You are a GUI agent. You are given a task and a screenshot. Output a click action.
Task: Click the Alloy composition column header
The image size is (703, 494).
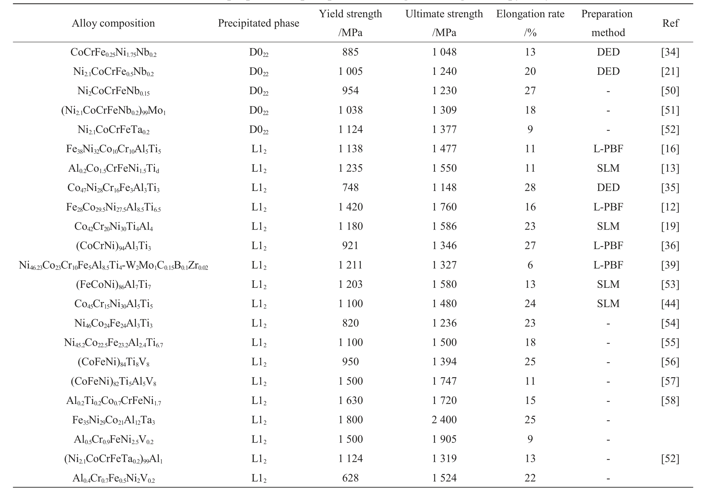[113, 23]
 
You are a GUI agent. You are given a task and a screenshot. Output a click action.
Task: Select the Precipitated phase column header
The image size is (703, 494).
[259, 23]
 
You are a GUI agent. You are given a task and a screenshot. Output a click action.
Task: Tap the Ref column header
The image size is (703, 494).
[670, 23]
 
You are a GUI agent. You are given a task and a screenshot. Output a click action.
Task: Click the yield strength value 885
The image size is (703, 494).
[350, 52]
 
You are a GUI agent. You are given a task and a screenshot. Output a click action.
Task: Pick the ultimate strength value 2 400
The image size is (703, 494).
[444, 420]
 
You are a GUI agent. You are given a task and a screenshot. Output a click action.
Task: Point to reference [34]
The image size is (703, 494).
[670, 52]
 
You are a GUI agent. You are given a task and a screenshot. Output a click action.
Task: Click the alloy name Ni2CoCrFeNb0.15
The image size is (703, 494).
[113, 91]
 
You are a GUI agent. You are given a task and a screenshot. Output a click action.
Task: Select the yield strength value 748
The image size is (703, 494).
[350, 187]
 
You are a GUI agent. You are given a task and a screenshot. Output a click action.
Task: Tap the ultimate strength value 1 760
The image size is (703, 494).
[444, 207]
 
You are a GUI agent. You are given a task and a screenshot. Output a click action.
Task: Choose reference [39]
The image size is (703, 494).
[670, 265]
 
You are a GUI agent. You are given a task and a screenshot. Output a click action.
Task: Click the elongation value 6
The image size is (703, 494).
[530, 265]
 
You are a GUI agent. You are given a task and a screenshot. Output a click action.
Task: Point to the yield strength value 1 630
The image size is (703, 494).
[350, 400]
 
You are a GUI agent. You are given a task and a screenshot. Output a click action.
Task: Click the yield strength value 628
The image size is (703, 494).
[350, 478]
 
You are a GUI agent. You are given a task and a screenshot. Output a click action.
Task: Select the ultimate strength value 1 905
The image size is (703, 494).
[444, 439]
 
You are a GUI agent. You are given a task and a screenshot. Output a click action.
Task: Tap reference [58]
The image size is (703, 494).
[670, 400]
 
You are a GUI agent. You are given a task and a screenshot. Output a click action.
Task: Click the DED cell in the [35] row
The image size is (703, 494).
[608, 187]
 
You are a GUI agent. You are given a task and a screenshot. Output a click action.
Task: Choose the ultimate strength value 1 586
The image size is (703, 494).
[444, 226]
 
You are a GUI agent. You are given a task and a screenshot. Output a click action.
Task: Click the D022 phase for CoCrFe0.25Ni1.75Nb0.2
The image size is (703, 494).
[259, 52]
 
